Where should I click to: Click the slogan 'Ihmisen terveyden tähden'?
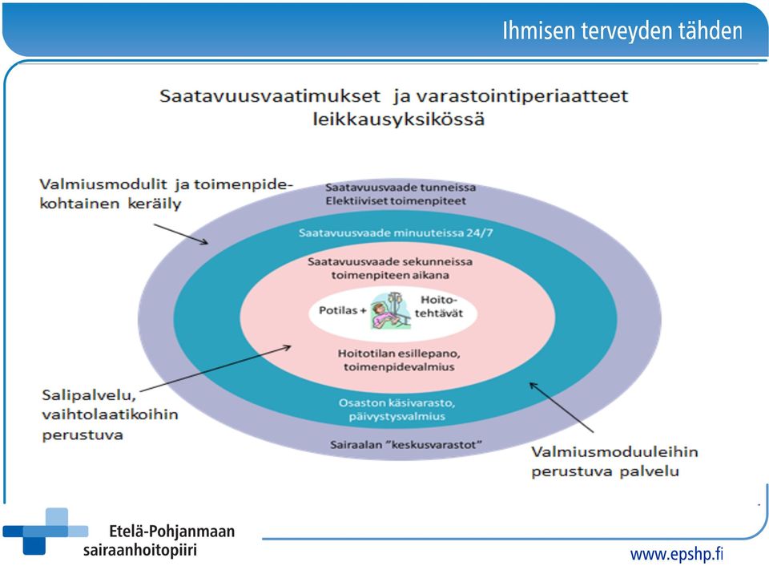point(622,30)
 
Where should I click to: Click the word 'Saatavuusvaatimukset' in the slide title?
point(270,95)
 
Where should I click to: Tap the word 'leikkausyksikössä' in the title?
point(399,119)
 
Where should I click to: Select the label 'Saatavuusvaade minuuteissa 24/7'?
point(396,232)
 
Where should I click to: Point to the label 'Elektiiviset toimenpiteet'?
point(396,200)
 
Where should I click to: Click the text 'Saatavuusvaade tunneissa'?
point(401,187)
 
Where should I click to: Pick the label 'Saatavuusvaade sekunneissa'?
point(390,261)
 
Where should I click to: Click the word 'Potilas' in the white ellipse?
point(338,310)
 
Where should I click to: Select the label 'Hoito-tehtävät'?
point(439,306)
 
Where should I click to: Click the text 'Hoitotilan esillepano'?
point(399,354)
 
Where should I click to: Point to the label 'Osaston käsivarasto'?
point(397,403)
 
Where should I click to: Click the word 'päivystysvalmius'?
point(397,416)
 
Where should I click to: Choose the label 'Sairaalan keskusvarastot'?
point(405,445)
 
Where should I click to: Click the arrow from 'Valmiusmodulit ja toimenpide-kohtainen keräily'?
point(181,234)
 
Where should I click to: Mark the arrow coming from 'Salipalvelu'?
point(215,369)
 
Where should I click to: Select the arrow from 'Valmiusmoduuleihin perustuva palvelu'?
point(562,407)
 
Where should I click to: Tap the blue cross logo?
point(45,532)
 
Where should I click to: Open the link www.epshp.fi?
point(676,554)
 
